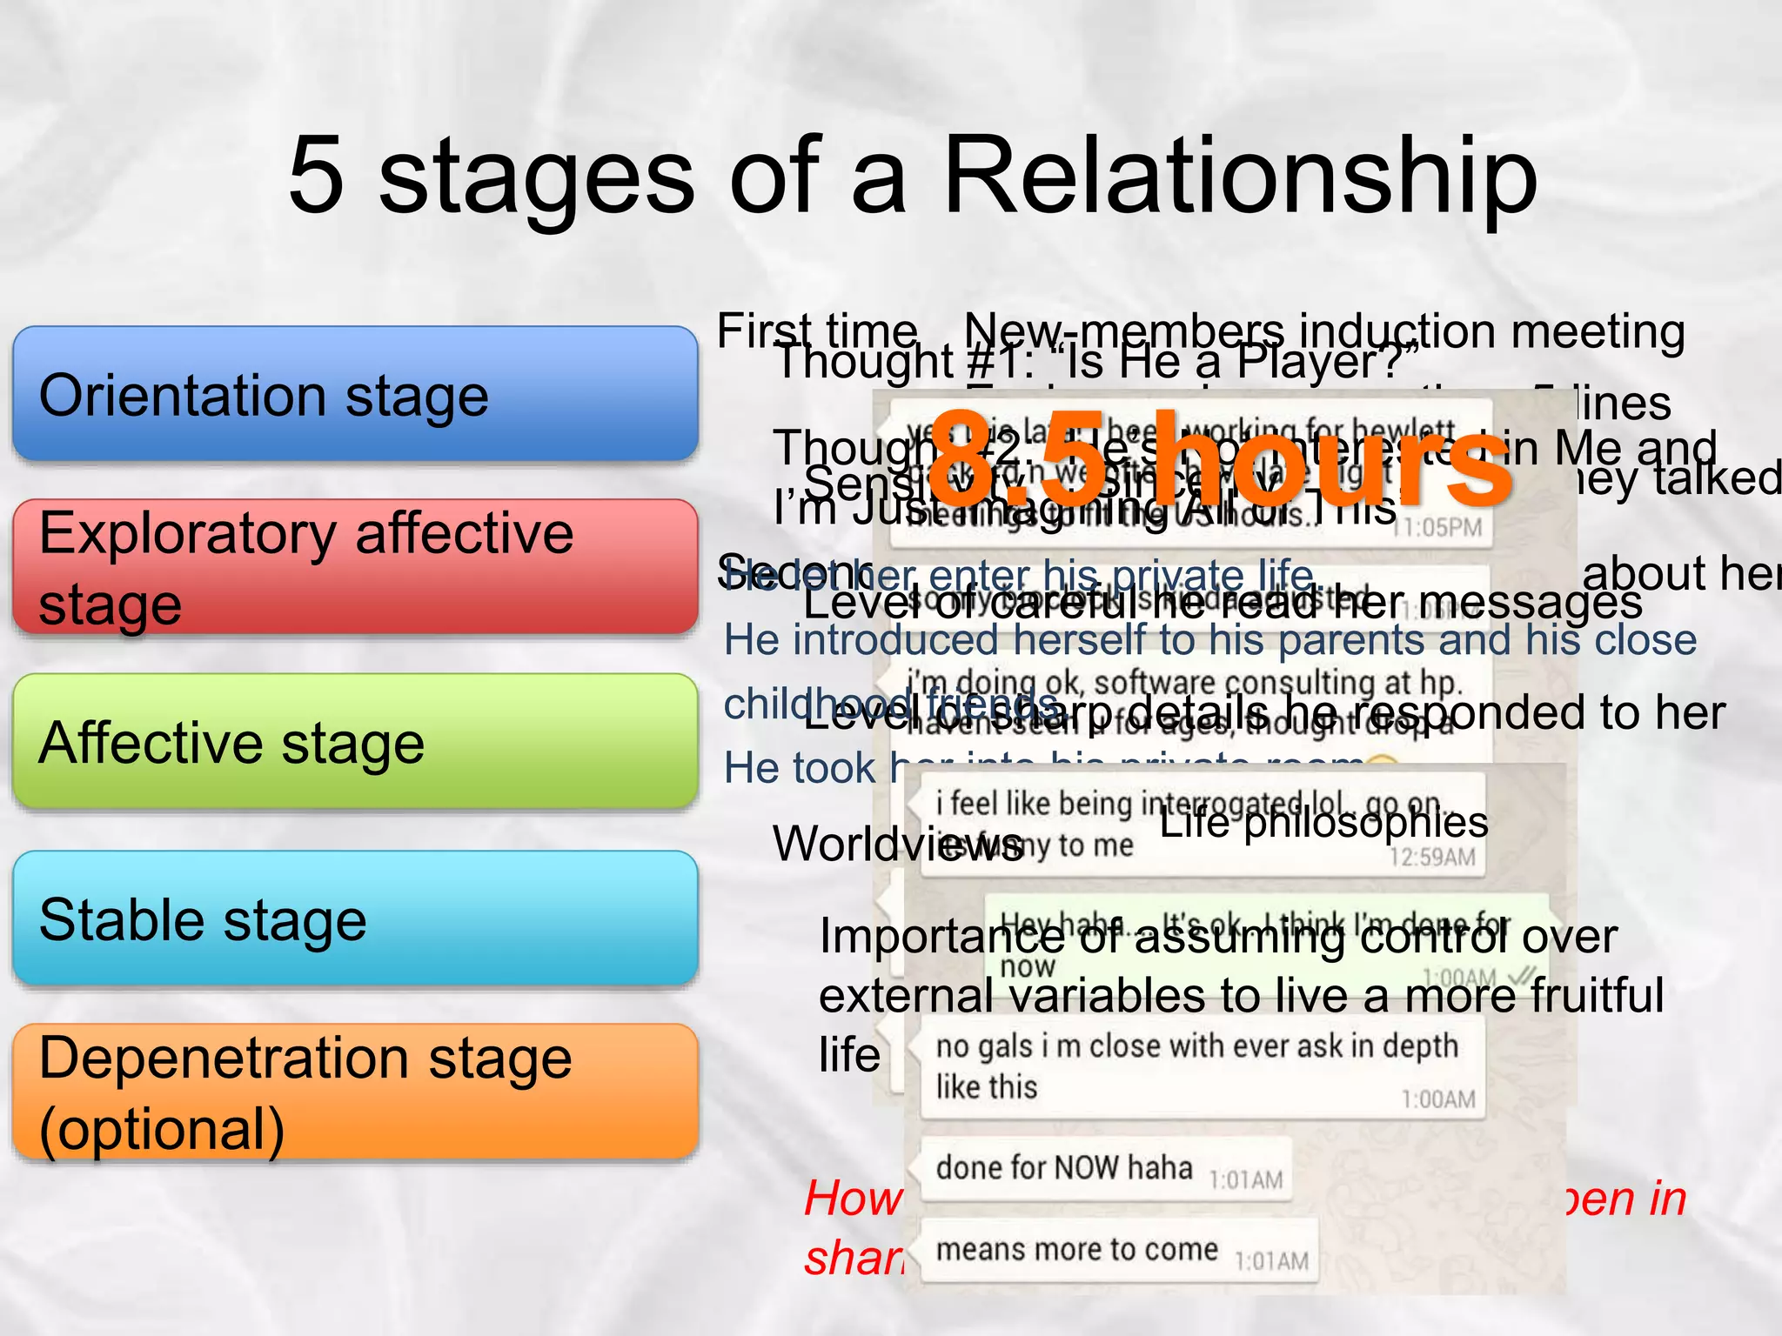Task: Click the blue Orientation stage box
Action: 355,394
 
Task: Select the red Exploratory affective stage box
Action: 355,566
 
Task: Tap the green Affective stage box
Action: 355,742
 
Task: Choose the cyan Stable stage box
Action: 355,918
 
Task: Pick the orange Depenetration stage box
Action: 355,1092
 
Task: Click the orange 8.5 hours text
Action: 1218,461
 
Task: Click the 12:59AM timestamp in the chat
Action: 1431,858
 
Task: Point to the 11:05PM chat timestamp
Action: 1437,528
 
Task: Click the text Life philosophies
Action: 1323,823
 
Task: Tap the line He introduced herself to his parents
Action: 1209,641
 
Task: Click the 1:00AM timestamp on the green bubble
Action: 1459,977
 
